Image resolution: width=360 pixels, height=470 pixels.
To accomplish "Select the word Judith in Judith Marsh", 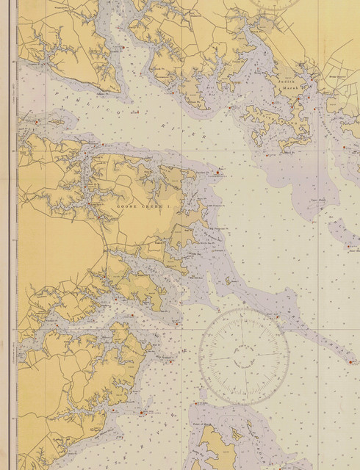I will [x=287, y=81].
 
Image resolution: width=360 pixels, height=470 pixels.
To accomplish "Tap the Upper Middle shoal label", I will [x=318, y=200].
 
